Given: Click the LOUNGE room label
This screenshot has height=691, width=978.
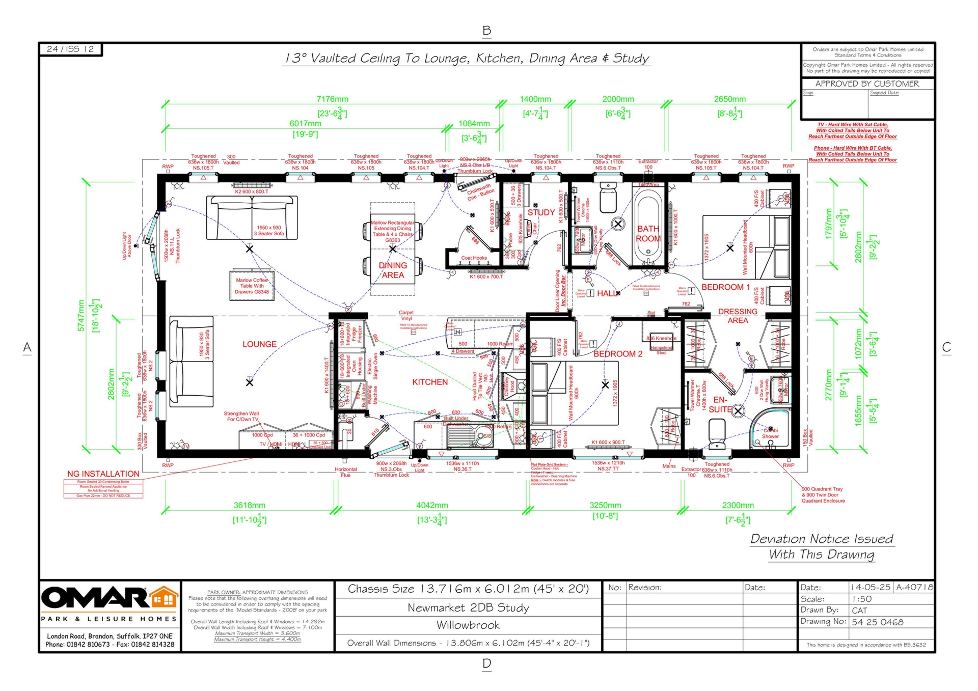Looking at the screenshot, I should point(259,344).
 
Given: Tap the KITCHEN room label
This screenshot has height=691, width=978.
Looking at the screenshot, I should point(430,382).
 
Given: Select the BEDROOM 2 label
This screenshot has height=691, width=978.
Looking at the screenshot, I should point(618,354).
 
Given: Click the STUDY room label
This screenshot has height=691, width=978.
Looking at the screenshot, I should point(541,212).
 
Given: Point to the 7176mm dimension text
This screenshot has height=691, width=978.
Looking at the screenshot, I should point(332,99).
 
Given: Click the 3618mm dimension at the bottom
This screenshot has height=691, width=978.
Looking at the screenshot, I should point(249,505).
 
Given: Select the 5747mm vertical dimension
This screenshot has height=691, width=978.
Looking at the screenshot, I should point(81,316).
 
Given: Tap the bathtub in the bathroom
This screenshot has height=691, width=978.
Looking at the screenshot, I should point(648,227).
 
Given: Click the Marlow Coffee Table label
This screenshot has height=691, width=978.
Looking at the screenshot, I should point(252,286).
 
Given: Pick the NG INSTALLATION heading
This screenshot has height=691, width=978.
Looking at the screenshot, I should point(103,474).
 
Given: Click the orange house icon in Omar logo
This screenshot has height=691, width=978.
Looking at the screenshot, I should point(165,597).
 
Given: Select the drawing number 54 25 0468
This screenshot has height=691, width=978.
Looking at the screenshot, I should point(878,622).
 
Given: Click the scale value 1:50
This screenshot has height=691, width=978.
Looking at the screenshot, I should point(862,599).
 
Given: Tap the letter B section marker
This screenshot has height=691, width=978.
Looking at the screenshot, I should point(486,31).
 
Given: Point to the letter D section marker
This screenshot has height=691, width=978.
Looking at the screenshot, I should point(486,664).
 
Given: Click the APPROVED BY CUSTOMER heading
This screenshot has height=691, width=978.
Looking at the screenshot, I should point(867,84).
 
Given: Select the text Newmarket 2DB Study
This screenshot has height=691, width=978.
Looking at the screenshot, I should point(468,607).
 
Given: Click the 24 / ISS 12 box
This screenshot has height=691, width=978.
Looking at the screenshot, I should point(70,49).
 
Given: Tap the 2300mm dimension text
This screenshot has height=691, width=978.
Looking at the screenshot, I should point(738,505).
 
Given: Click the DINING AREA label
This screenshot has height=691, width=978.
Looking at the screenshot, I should point(393,270).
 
